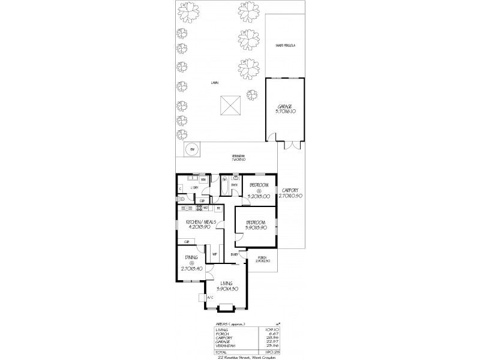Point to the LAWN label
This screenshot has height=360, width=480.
214,82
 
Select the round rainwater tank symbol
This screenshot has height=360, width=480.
191,149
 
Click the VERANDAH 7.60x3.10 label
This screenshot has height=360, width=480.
239,159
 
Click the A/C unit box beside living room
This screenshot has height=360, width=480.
202,297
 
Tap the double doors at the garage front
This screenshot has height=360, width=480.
291,144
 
